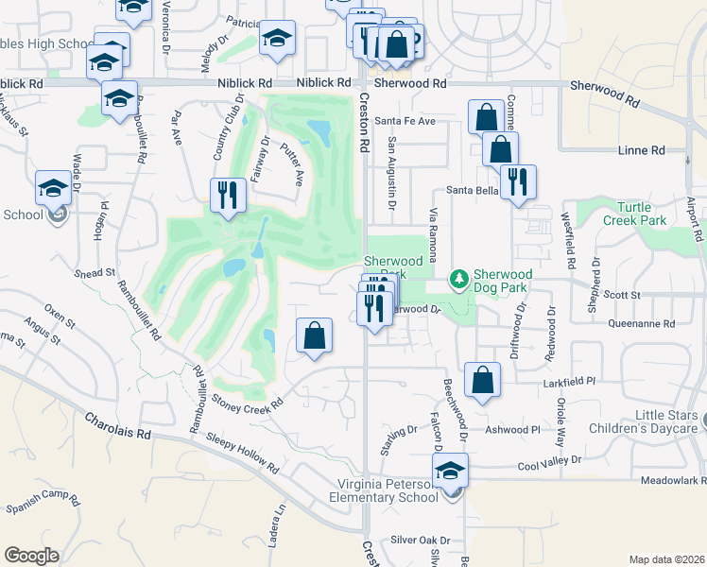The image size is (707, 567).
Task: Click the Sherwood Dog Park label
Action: (504, 281)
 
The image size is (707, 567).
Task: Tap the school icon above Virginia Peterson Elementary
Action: (451, 471)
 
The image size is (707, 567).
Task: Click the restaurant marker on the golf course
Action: (228, 194)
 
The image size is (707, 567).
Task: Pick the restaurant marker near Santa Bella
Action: (515, 180)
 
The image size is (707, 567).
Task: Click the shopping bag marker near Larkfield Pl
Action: (482, 380)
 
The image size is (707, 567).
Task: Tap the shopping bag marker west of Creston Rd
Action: (314, 335)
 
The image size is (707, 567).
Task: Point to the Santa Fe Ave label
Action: (405, 121)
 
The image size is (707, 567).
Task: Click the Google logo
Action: (31, 556)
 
